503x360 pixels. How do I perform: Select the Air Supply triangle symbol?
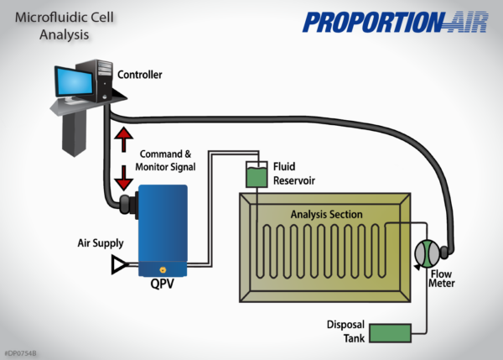click(119, 266)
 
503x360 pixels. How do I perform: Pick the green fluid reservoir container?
click(256, 175)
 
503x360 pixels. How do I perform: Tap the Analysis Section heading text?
click(326, 215)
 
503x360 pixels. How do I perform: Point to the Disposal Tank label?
click(345, 330)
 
